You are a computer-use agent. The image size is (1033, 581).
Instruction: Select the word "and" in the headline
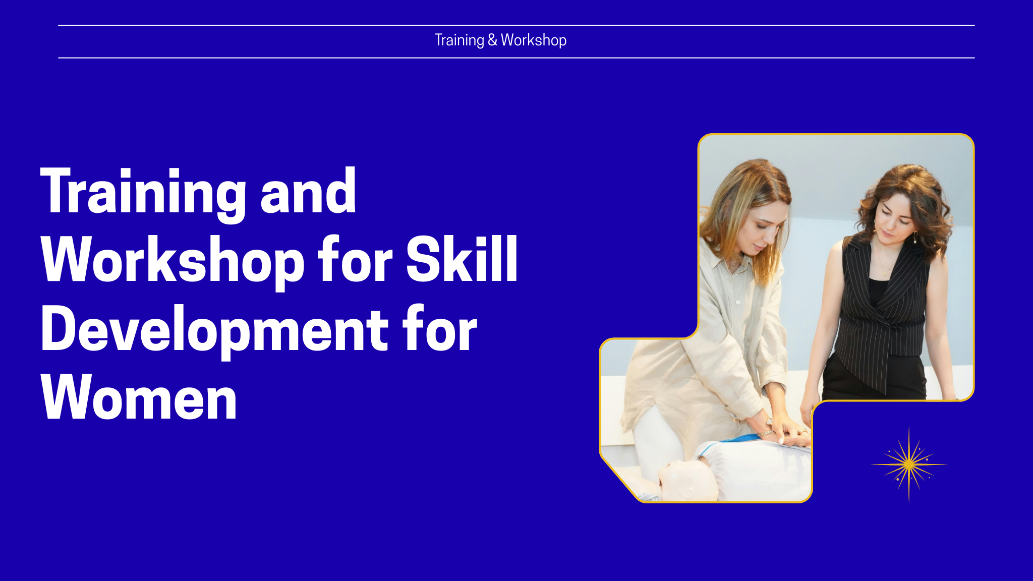pos(308,191)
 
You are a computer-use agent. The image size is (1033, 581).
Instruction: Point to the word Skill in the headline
pos(462,258)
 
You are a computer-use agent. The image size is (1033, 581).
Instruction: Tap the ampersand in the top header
pos(492,40)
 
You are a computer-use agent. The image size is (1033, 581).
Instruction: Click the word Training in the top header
pos(460,40)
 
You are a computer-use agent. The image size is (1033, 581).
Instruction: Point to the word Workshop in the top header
pos(534,40)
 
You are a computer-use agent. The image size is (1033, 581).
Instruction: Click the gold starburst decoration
pos(909,464)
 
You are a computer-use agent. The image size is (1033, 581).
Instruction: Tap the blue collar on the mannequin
pos(731,444)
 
